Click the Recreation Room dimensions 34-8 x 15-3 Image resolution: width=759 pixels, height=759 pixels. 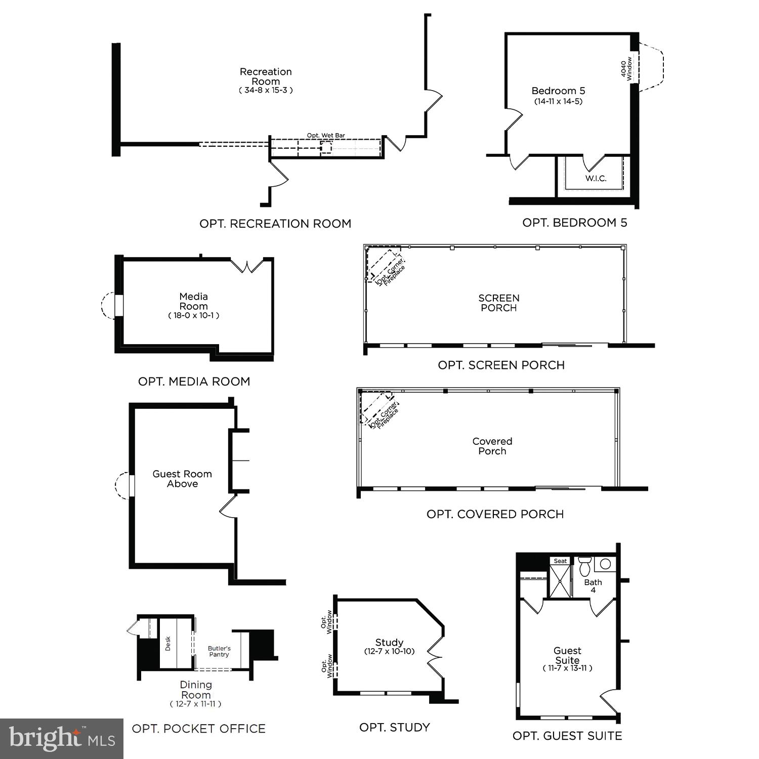tap(266, 91)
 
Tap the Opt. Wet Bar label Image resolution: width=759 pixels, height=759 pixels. tap(326, 136)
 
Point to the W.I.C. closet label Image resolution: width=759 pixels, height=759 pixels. tap(596, 179)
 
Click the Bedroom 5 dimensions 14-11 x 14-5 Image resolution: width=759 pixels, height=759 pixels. tap(558, 101)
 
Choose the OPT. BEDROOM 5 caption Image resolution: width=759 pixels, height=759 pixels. tap(574, 223)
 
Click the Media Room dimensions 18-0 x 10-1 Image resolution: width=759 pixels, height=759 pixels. tap(193, 315)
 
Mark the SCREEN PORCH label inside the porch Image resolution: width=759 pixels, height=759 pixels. tap(499, 303)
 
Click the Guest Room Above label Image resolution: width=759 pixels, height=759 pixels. tap(182, 479)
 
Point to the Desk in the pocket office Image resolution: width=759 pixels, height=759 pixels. tap(168, 643)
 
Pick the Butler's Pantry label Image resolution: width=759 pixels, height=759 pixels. tap(219, 651)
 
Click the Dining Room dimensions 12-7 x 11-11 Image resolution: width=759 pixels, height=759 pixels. tap(195, 704)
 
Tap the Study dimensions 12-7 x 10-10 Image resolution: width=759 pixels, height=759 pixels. tap(389, 652)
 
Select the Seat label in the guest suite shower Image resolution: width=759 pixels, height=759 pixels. tap(560, 561)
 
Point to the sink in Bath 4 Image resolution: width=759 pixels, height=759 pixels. tap(605, 564)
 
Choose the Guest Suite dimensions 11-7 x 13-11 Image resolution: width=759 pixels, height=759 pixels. tap(567, 668)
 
